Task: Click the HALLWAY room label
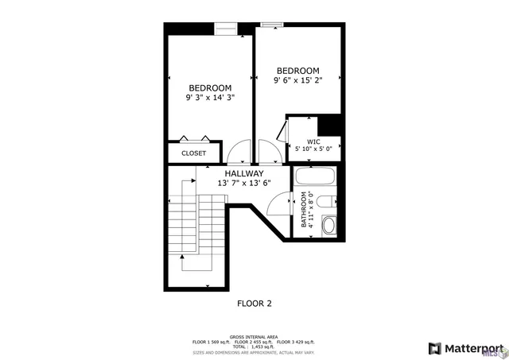pyautogui.click(x=243, y=173)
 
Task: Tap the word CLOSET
pyautogui.click(x=193, y=153)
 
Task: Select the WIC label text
pyautogui.click(x=313, y=141)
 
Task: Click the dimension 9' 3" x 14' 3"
pyautogui.click(x=210, y=98)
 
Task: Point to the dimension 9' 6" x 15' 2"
pyautogui.click(x=297, y=80)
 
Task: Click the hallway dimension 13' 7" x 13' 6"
pyautogui.click(x=244, y=183)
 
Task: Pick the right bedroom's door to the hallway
pyautogui.click(x=268, y=152)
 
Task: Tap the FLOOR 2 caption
pyautogui.click(x=254, y=303)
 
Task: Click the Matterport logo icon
pyautogui.click(x=434, y=348)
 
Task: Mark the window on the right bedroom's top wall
pyautogui.click(x=273, y=24)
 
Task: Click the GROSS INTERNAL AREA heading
pyautogui.click(x=254, y=336)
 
